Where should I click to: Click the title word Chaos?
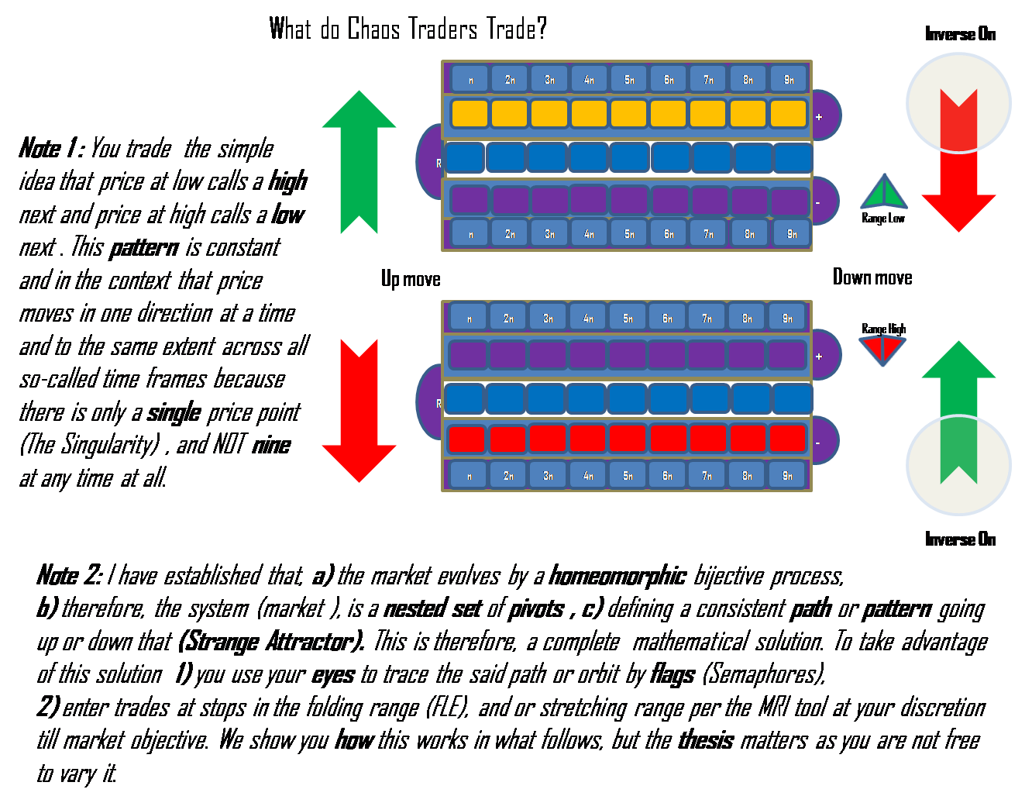tap(373, 29)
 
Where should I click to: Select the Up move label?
tap(411, 279)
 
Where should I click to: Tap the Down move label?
tap(872, 277)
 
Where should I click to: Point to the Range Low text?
tap(883, 219)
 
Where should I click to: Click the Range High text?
tap(883, 329)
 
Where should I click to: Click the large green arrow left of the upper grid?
tap(359, 159)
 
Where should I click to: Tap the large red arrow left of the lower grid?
tap(359, 411)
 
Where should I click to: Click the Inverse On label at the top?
tap(960, 34)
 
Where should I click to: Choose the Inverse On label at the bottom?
tap(960, 539)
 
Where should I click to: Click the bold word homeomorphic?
tap(617, 576)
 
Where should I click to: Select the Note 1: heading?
tap(51, 148)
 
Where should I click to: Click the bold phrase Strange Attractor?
tap(270, 642)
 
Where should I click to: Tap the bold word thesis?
tap(706, 740)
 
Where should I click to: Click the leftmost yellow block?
tap(470, 114)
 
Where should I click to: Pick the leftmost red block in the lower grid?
tap(466, 439)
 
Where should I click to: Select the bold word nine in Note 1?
tap(271, 445)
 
